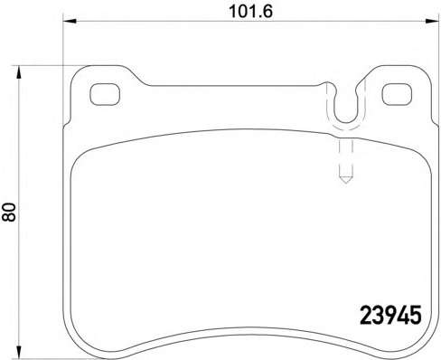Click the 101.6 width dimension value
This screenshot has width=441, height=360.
(250, 12)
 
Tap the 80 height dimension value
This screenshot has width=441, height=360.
(9, 212)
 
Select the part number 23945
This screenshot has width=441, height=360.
(390, 315)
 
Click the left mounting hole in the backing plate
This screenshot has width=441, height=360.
(105, 94)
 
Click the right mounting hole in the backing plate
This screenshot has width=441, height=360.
(397, 94)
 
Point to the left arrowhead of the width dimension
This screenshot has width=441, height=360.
(70, 21)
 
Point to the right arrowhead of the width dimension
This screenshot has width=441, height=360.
(432, 21)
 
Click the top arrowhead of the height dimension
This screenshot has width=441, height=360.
(19, 72)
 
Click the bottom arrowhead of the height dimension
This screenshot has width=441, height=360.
(19, 352)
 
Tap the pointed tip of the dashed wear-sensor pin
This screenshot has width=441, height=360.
(346, 183)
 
